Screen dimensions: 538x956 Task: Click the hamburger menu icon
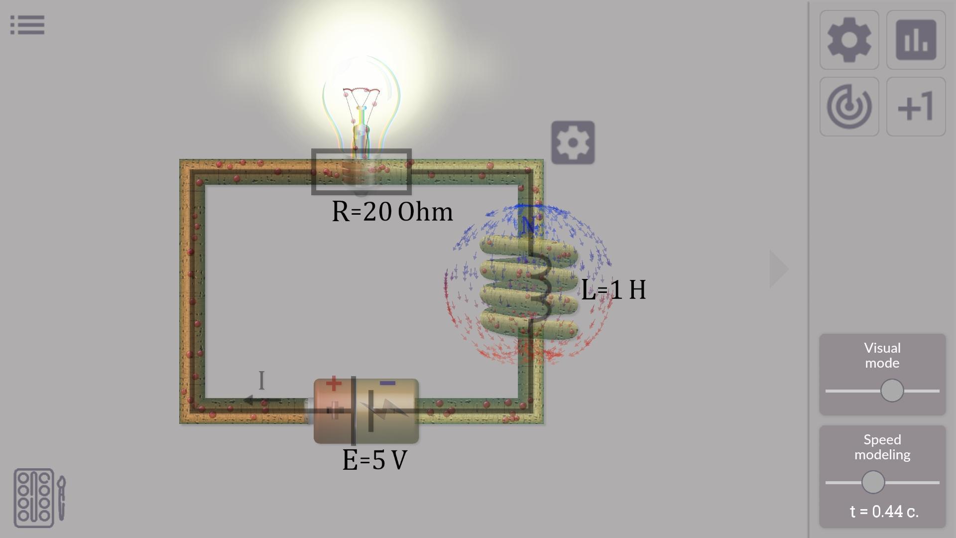(27, 25)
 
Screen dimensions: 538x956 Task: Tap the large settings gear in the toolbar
(849, 40)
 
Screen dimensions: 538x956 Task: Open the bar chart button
(916, 40)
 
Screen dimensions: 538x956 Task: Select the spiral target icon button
(849, 107)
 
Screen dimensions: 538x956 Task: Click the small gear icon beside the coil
(573, 142)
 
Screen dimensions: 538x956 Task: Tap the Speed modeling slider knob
(873, 482)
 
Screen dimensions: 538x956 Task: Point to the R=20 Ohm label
(392, 212)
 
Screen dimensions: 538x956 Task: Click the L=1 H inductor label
(613, 289)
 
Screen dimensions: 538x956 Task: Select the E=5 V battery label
(375, 460)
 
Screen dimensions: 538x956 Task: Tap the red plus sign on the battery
(334, 384)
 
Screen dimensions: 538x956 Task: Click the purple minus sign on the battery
(387, 383)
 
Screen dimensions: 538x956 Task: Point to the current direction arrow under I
(263, 401)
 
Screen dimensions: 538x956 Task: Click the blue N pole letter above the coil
(528, 225)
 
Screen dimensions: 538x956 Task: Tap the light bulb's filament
(361, 92)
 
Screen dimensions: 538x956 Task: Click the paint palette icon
(39, 498)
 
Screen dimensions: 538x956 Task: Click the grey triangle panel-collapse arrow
(778, 269)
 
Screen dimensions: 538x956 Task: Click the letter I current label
(262, 381)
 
